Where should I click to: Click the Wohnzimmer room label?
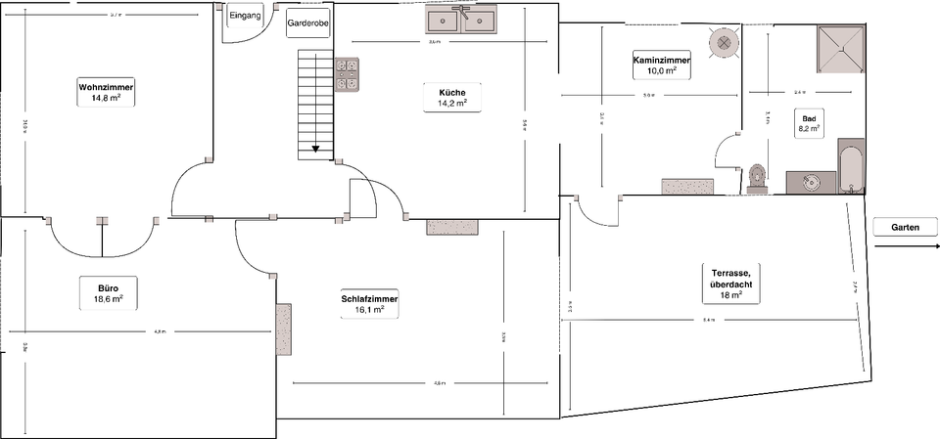click(106, 93)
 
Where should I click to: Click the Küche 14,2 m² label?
click(446, 98)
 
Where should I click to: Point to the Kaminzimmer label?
click(662, 66)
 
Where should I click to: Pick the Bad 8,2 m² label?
click(809, 122)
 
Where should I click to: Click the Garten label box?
click(906, 227)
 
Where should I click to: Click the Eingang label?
click(244, 17)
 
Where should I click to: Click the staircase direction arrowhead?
click(316, 150)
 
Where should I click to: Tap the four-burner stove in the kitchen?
click(348, 75)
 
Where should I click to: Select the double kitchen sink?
click(465, 20)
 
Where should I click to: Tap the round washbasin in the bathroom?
click(809, 182)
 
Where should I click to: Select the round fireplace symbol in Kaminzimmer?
click(723, 43)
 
